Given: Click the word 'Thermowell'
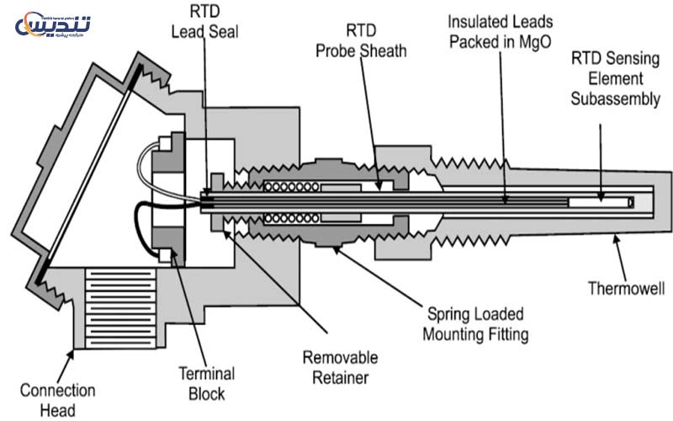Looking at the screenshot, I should point(627,290).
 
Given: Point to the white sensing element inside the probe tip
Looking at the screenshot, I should point(599,203).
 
